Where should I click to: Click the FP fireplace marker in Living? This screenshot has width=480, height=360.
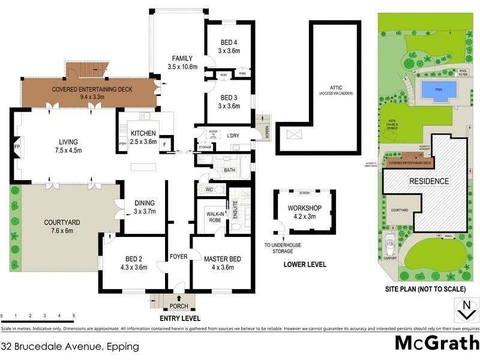click(16, 146)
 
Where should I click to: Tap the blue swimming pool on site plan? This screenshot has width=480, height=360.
click(437, 91)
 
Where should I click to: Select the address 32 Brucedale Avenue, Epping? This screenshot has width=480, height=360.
click(70, 347)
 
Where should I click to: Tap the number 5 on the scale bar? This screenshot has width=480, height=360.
click(74, 316)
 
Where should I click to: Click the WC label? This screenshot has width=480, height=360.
click(209, 190)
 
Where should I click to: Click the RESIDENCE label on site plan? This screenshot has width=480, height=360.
click(428, 181)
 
